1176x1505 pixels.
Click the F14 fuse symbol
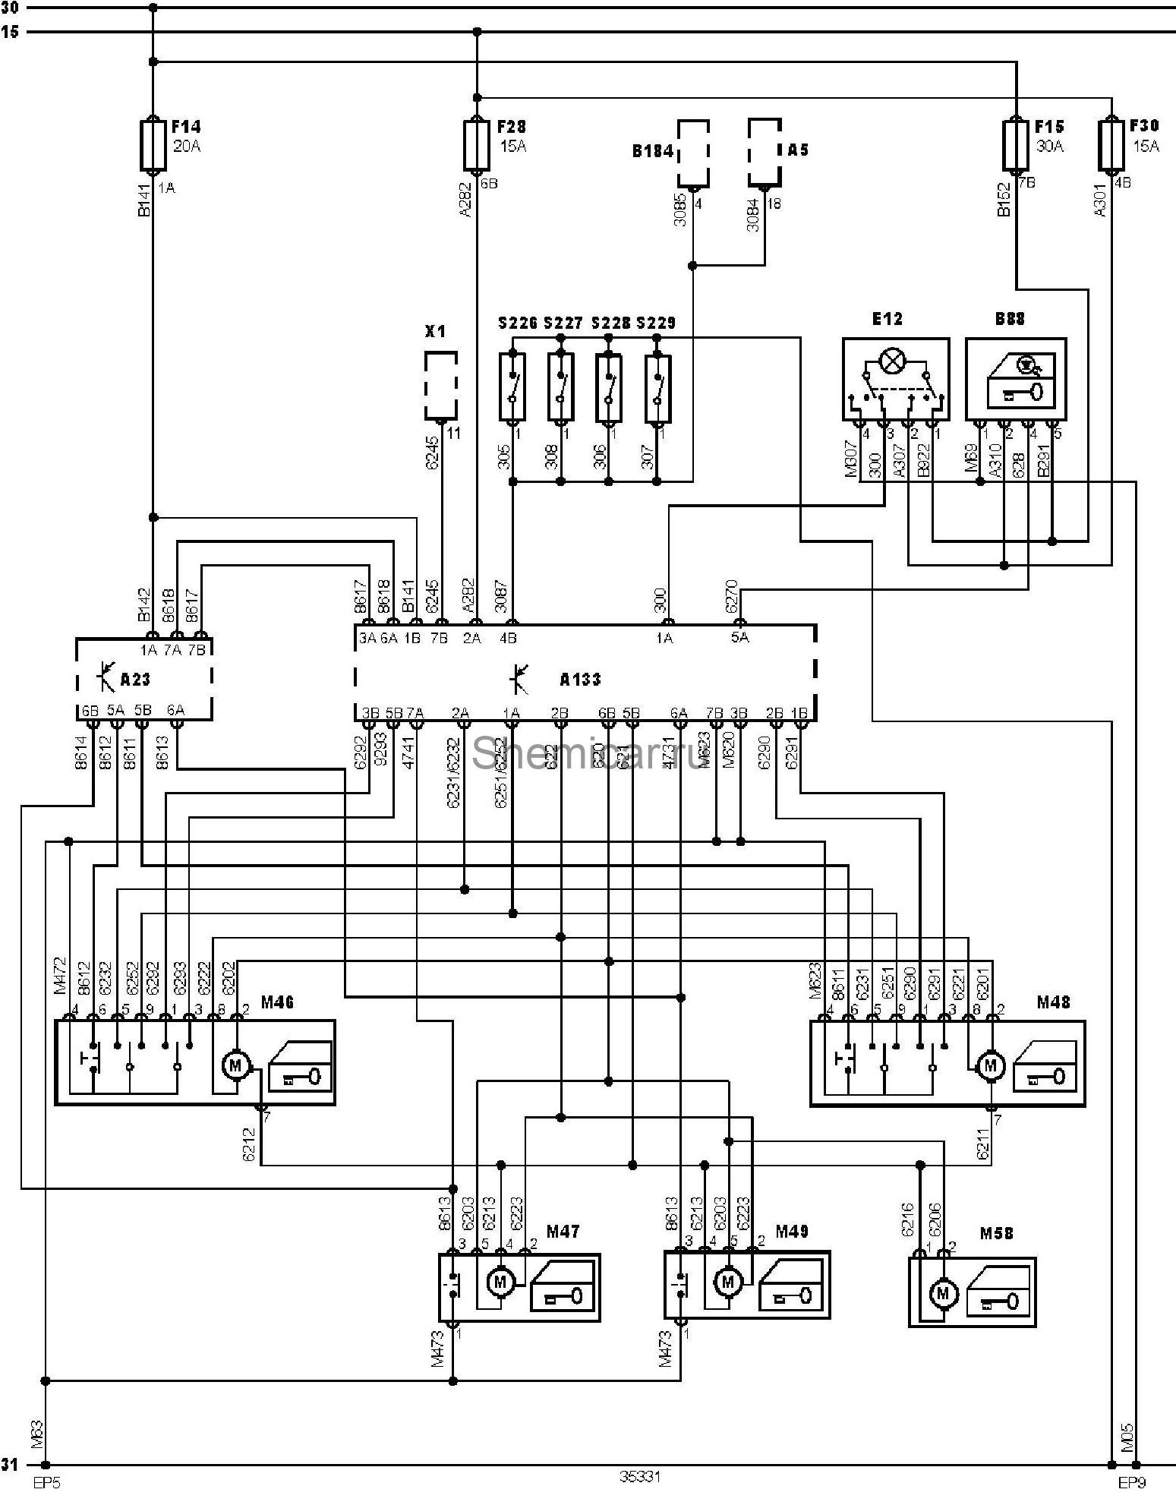[153, 144]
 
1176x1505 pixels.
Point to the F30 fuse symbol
[1111, 144]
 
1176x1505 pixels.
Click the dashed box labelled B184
[693, 153]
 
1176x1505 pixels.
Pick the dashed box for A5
[765, 152]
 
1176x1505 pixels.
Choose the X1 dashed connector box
[440, 385]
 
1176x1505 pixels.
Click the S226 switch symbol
[512, 387]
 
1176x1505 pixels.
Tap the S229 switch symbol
[657, 387]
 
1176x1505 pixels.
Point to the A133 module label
[580, 680]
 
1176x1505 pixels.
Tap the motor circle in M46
[235, 1066]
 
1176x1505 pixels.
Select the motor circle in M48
[988, 1066]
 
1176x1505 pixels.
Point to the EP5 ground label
[44, 1481]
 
